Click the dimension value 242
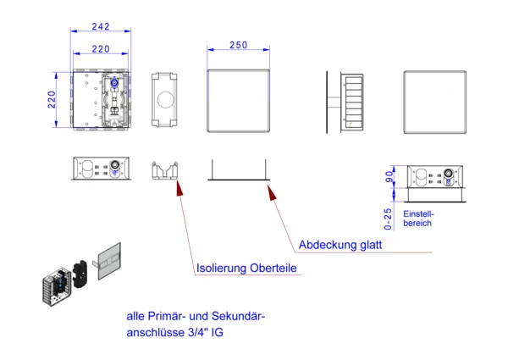click(x=101, y=26)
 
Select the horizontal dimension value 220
click(x=101, y=49)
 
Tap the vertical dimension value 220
click(x=52, y=99)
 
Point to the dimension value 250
click(x=239, y=45)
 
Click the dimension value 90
click(x=389, y=177)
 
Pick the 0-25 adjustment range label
click(x=388, y=219)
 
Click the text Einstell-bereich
click(x=418, y=219)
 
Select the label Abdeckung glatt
click(x=340, y=245)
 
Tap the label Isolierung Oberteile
click(x=246, y=268)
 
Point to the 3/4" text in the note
click(x=198, y=332)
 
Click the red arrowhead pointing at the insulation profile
click(x=179, y=188)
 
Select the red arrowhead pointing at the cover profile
click(x=272, y=192)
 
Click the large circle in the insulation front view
click(x=165, y=99)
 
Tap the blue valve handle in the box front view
click(x=114, y=82)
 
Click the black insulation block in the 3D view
click(x=80, y=274)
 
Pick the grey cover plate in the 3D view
click(x=109, y=261)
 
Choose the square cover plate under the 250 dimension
click(x=239, y=101)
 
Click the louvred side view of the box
click(x=352, y=102)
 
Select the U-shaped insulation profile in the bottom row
click(x=165, y=171)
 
